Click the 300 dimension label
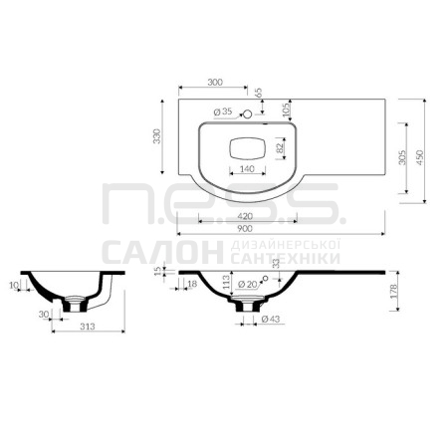pyautogui.click(x=215, y=82)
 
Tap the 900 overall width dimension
pyautogui.click(x=245, y=228)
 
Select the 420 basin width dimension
pyautogui.click(x=245, y=216)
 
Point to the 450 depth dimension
pyautogui.click(x=420, y=157)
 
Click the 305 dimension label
pyautogui.click(x=402, y=157)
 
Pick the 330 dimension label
pyautogui.click(x=156, y=136)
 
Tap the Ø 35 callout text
pyautogui.click(x=223, y=112)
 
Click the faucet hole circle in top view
pyautogui.click(x=247, y=114)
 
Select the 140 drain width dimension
pyautogui.click(x=247, y=169)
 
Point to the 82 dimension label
pyautogui.click(x=281, y=147)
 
